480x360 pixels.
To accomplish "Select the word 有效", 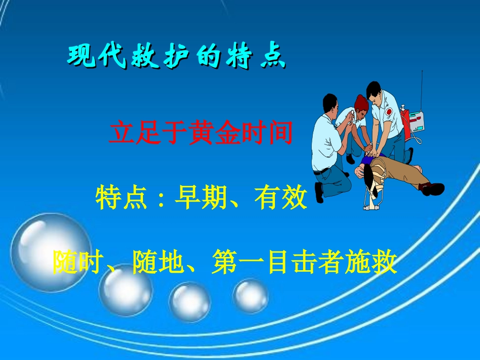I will click(x=286, y=198).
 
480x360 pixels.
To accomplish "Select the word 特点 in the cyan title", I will click(x=253, y=57).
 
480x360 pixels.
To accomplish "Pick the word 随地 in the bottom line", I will click(x=152, y=262).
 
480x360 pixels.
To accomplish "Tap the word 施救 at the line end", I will click(x=377, y=262).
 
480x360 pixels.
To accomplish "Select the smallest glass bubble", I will click(x=251, y=295).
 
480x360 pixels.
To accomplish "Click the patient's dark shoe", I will click(x=434, y=189).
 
